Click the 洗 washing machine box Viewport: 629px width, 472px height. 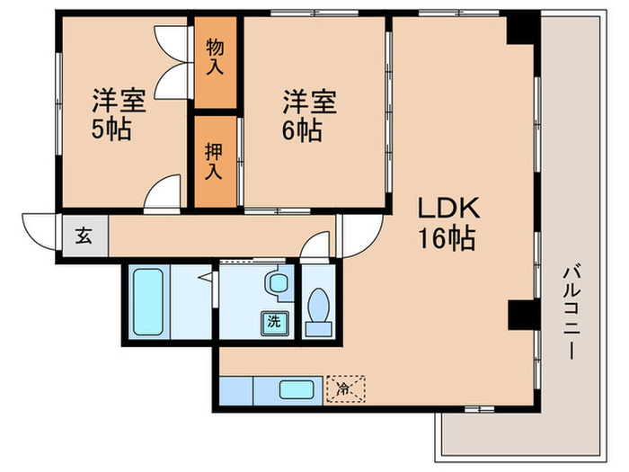[272, 321]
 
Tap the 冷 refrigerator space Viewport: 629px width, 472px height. [346, 389]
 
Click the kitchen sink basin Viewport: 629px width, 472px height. [296, 390]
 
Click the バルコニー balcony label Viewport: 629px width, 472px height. [570, 310]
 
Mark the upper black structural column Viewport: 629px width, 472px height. [519, 29]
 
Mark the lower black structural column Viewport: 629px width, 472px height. [519, 315]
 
